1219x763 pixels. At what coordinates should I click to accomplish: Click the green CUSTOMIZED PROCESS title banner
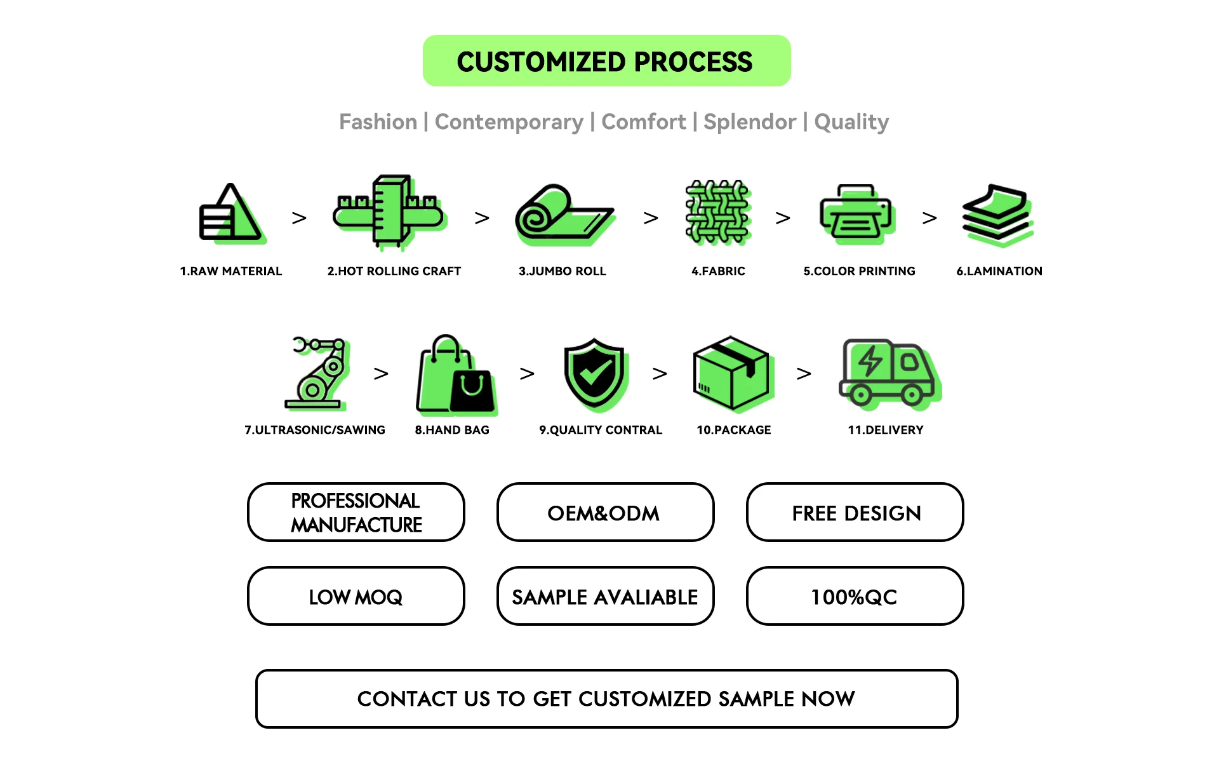pyautogui.click(x=606, y=61)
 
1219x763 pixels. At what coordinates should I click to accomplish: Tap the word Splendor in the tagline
pyautogui.click(x=749, y=121)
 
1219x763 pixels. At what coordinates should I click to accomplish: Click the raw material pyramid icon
pyautogui.click(x=230, y=213)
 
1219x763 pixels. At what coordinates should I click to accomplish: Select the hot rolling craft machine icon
pyautogui.click(x=390, y=212)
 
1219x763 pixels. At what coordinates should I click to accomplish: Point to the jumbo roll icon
pyautogui.click(x=563, y=215)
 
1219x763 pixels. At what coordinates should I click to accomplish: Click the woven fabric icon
pyautogui.click(x=718, y=213)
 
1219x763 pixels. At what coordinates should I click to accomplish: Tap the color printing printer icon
pyautogui.click(x=856, y=214)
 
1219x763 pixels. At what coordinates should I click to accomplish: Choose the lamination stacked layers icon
pyautogui.click(x=997, y=214)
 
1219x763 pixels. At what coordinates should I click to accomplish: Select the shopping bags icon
pyautogui.click(x=455, y=375)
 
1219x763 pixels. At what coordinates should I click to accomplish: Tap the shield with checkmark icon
pyautogui.click(x=595, y=374)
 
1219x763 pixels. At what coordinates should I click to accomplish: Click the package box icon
pyautogui.click(x=733, y=374)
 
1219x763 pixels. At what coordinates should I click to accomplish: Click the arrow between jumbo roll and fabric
pyautogui.click(x=651, y=218)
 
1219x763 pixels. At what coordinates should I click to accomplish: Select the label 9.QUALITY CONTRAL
pyautogui.click(x=601, y=430)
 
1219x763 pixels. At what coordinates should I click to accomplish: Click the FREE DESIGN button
pyautogui.click(x=855, y=512)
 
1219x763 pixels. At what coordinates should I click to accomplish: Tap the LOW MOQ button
pyautogui.click(x=356, y=596)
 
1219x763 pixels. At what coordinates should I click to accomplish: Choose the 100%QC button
pyautogui.click(x=855, y=596)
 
